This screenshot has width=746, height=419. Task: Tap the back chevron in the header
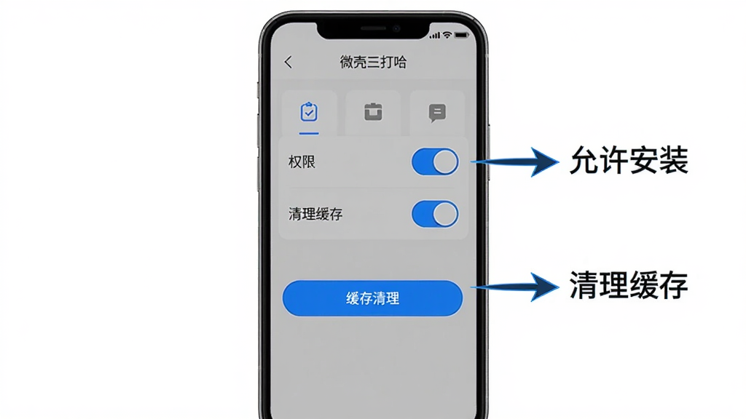[x=288, y=62]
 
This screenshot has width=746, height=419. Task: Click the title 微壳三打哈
[x=373, y=62]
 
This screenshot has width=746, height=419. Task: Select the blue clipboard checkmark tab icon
[x=309, y=112]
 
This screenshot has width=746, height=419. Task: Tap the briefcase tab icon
[x=373, y=112]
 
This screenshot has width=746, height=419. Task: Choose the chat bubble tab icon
[x=437, y=113]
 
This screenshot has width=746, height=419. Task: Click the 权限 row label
[x=302, y=162]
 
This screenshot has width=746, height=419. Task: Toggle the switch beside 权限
[x=435, y=162]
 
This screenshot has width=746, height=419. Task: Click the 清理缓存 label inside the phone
[x=315, y=215]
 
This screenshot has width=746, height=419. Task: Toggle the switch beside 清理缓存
[x=435, y=214]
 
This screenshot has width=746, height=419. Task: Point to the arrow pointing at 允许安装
[x=515, y=162]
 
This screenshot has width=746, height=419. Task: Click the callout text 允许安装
[x=629, y=160]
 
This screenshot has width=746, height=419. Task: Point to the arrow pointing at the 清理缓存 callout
[x=515, y=287]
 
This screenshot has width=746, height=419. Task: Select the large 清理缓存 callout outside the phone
[x=629, y=285]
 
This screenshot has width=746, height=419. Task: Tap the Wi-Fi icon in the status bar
[x=447, y=35]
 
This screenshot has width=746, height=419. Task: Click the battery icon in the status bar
[x=461, y=35]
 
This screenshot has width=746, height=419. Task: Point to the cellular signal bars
[x=435, y=36]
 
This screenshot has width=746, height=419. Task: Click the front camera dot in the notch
[x=396, y=29]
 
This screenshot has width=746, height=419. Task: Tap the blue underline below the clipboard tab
[x=309, y=134]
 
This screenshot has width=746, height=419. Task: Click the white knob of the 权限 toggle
[x=445, y=162]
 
